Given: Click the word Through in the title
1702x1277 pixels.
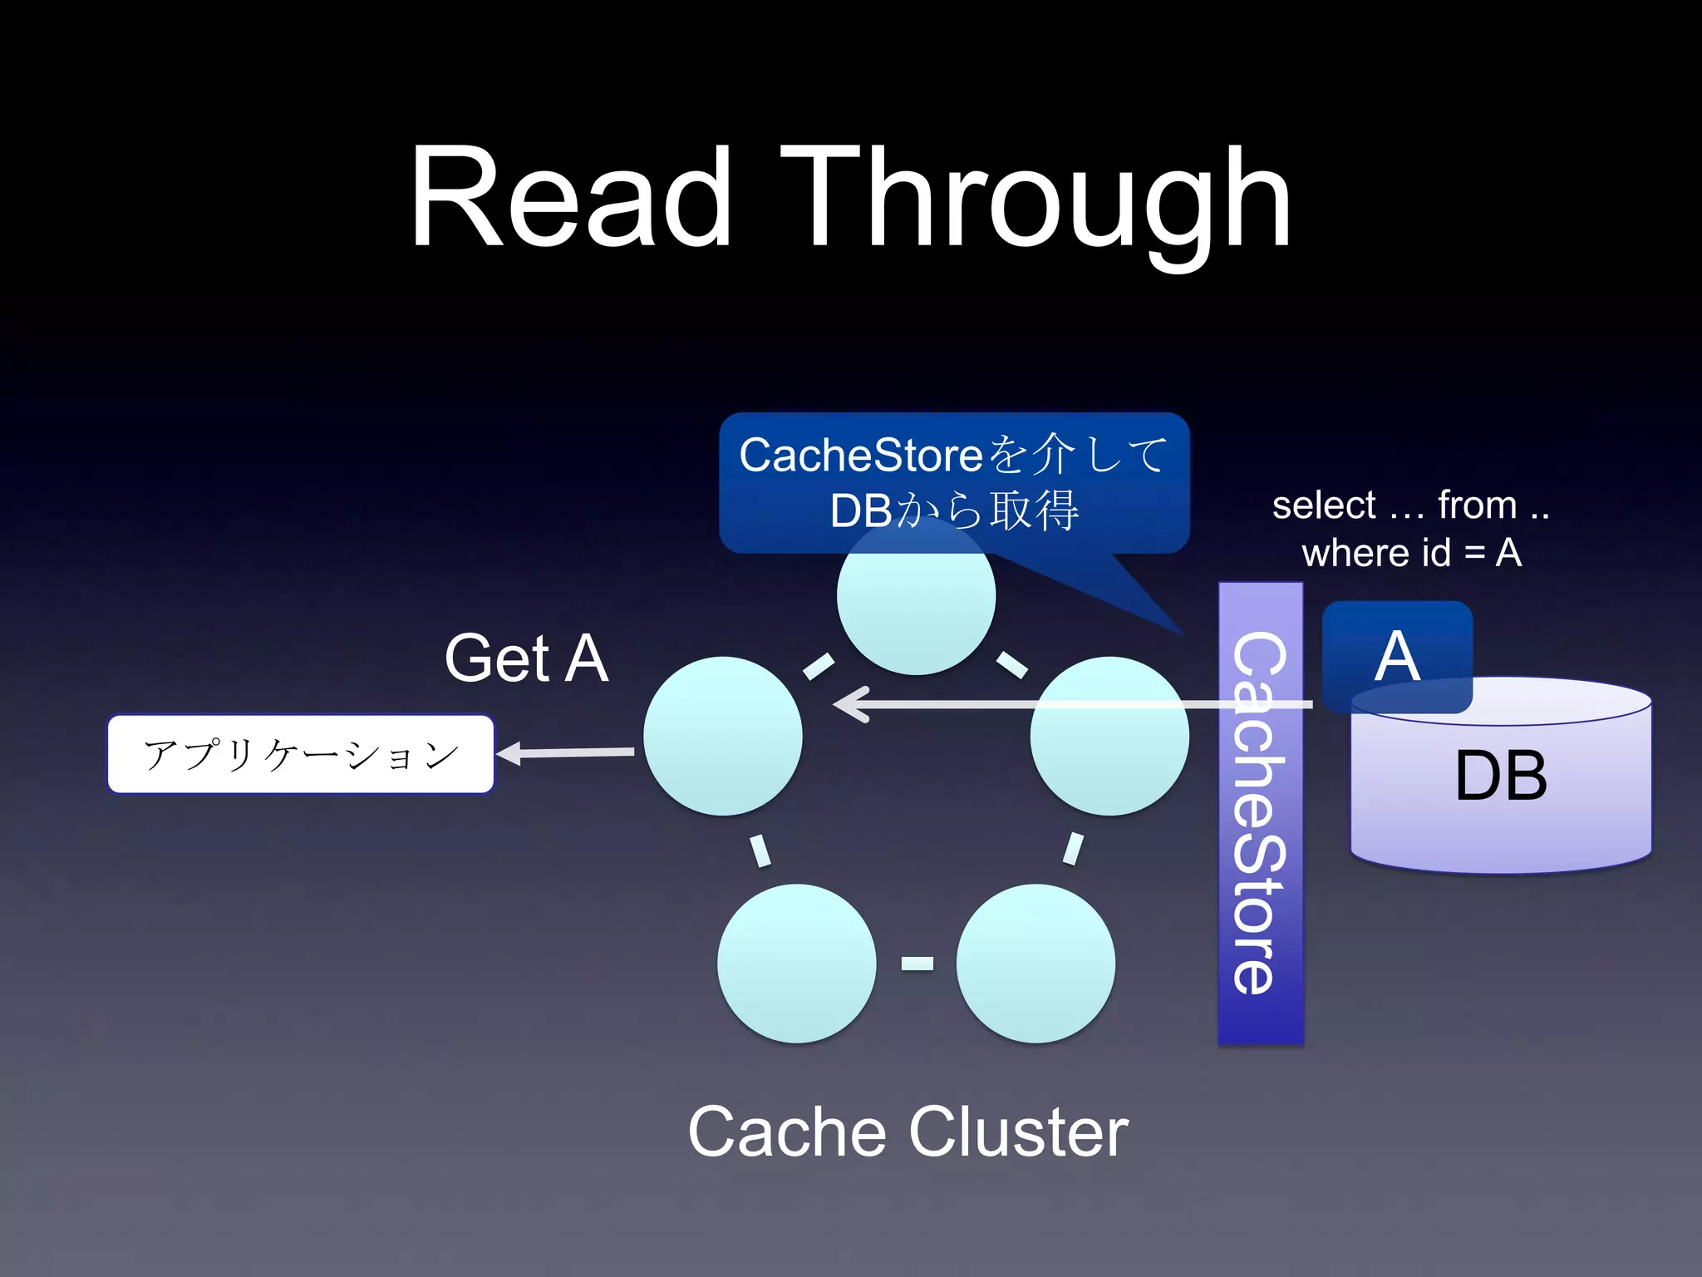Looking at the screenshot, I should click(x=1035, y=200).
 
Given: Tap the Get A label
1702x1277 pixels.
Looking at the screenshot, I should click(x=526, y=658).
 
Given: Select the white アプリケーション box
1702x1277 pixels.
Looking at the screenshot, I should click(x=301, y=754).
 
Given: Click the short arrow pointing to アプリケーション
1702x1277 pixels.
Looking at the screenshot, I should click(x=565, y=753).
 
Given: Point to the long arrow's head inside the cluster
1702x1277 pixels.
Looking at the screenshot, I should click(x=852, y=704).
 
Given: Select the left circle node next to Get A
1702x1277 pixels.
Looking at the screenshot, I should click(x=722, y=737).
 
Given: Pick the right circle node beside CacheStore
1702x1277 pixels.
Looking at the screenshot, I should click(x=1109, y=737).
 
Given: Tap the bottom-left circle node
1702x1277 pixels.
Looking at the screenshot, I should click(x=796, y=964).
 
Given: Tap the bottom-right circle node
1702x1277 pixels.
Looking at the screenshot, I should click(x=1035, y=964).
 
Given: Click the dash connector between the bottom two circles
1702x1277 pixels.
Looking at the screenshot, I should click(x=917, y=964).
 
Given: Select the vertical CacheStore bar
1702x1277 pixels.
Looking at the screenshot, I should click(x=1260, y=812).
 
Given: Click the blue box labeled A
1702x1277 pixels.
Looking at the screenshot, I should click(x=1397, y=656).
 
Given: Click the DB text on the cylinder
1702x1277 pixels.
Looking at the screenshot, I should click(x=1501, y=776).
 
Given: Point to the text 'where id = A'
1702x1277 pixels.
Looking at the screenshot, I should click(x=1411, y=553).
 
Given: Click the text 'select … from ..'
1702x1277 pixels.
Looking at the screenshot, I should click(x=1410, y=505).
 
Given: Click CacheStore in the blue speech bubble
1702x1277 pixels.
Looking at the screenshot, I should click(x=861, y=456).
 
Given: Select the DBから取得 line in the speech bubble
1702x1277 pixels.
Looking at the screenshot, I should click(x=954, y=510).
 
